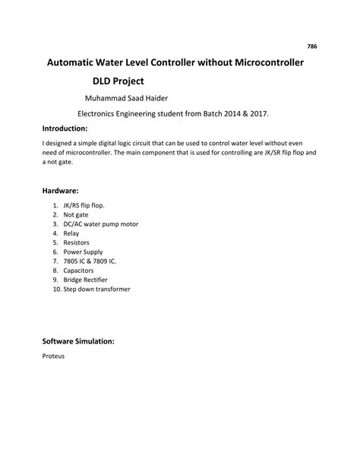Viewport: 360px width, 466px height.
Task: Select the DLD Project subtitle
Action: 118,80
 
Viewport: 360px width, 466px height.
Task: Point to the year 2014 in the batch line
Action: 226,113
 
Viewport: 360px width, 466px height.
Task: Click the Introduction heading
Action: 65,128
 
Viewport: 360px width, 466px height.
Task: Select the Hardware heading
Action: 61,192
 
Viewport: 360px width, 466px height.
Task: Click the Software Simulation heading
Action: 78,341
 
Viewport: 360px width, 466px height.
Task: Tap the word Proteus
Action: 53,356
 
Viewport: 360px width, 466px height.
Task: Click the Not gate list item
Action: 76,215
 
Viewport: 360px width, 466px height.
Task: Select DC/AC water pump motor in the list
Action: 100,224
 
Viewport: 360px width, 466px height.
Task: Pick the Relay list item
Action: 72,233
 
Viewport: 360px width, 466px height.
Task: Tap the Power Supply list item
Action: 82,252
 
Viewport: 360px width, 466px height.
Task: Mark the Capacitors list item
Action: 79,271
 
